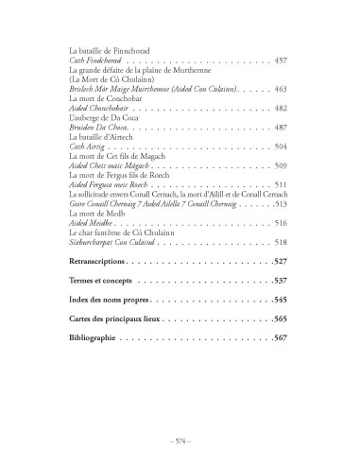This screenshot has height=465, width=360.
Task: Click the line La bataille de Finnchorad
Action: pos(111,50)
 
